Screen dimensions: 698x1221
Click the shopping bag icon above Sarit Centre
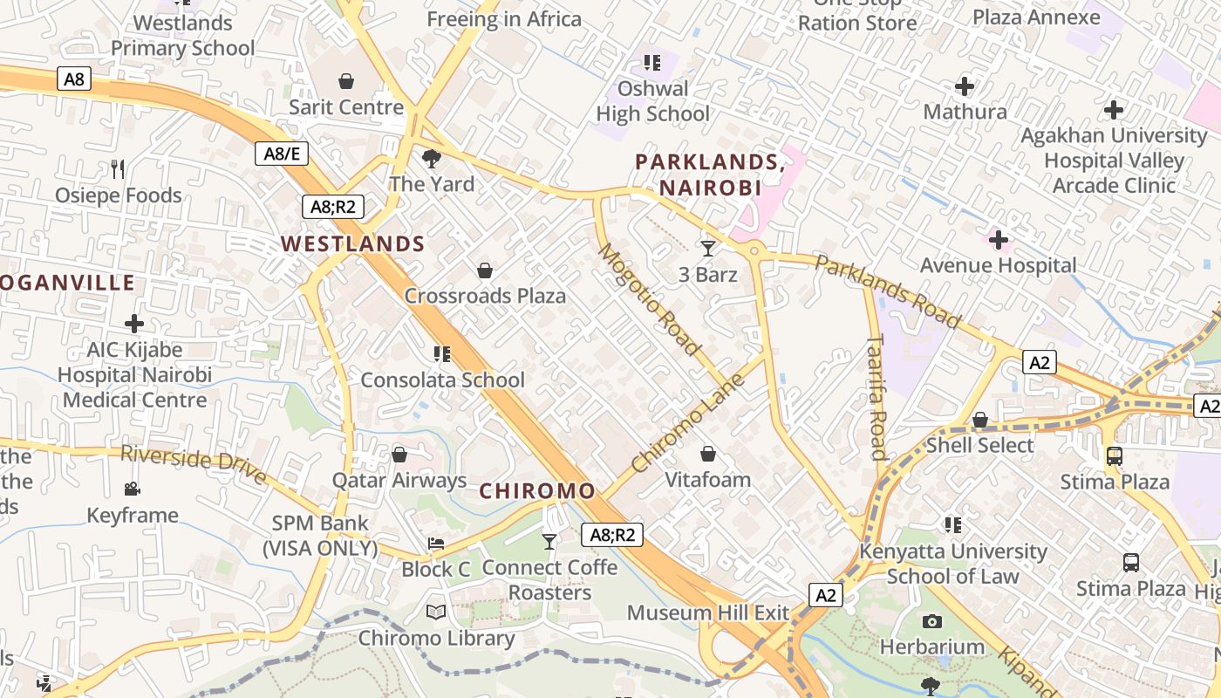[346, 81]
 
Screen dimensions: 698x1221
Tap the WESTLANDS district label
[353, 244]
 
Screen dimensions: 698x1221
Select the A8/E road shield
[282, 154]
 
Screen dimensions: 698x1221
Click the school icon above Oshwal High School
[651, 63]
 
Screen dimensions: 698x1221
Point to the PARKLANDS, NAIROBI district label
[710, 174]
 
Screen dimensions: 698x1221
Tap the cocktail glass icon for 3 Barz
[708, 249]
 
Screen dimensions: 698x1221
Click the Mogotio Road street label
[650, 299]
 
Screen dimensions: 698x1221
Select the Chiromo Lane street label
[688, 423]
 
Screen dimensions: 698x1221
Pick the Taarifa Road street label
[877, 397]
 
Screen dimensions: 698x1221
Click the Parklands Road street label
[888, 291]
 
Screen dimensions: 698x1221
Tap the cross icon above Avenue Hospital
[999, 240]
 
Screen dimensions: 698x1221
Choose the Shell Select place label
[979, 445]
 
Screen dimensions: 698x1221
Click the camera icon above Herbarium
[931, 621]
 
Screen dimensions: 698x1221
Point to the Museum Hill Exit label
[707, 612]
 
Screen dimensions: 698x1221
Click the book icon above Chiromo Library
[436, 612]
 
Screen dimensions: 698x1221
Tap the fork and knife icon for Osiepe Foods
[118, 169]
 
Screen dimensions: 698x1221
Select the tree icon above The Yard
[431, 158]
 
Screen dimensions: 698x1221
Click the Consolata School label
[442, 380]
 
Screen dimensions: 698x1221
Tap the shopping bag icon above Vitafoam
[708, 454]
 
